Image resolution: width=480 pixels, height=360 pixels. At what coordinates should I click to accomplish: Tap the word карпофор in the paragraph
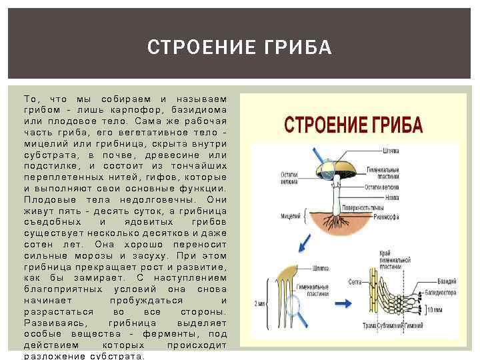point(130,109)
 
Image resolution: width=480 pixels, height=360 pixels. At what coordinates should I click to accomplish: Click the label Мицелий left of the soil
point(289,215)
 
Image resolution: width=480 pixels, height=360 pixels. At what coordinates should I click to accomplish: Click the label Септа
point(355,283)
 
